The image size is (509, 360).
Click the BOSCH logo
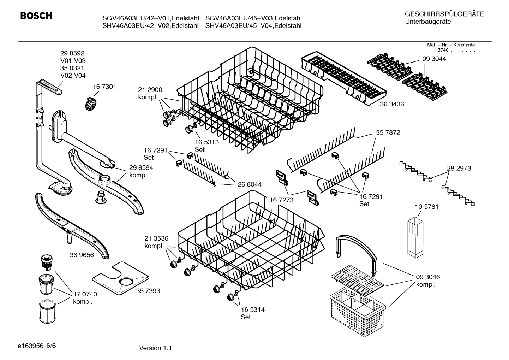tap(36, 16)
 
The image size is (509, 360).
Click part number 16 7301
tap(104, 87)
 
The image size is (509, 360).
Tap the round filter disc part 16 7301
tap(91, 104)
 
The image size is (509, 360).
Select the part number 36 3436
tap(392, 104)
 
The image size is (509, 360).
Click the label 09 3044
tap(434, 59)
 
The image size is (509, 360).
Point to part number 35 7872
tap(388, 132)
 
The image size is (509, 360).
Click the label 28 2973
tap(459, 168)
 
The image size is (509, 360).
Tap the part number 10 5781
tap(426, 207)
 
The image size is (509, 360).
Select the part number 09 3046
tap(428, 277)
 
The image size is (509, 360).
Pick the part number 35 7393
tap(148, 291)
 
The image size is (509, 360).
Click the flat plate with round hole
tap(120, 279)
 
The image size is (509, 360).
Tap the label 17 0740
tap(85, 294)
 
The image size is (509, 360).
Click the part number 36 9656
tap(82, 255)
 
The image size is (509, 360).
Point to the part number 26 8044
tap(250, 184)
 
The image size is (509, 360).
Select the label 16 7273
tap(282, 200)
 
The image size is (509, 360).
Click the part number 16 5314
tap(253, 309)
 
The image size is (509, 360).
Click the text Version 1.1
tap(155, 348)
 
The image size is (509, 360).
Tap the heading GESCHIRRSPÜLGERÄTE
tap(444, 14)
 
